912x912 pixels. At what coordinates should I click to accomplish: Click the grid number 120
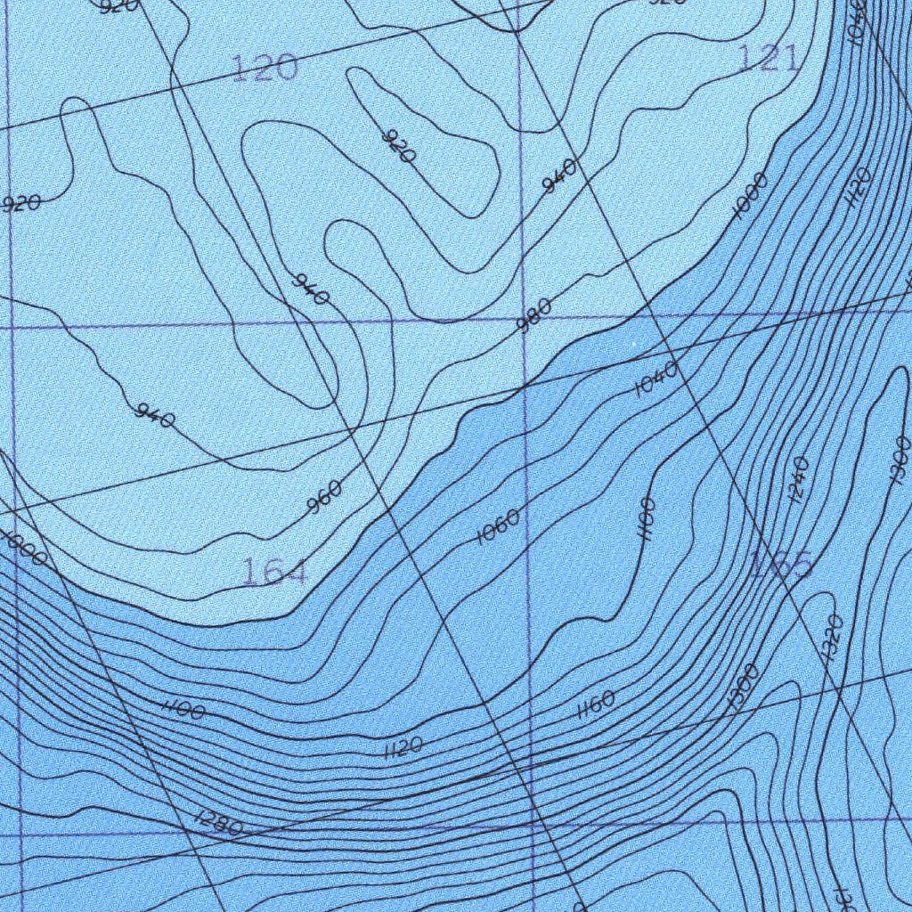tap(264, 68)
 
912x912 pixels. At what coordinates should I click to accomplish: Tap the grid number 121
tap(768, 59)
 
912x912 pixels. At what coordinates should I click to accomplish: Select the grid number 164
tap(274, 573)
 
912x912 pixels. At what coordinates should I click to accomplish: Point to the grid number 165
tap(780, 565)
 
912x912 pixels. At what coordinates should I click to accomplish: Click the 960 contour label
tap(324, 497)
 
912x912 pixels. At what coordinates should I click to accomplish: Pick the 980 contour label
tap(533, 314)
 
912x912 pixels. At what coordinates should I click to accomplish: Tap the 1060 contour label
tap(498, 528)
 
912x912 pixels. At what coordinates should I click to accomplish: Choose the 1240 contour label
tap(798, 479)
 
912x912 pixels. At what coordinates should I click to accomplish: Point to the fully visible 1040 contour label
tap(657, 379)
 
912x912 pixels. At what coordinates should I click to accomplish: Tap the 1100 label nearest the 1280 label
tap(184, 710)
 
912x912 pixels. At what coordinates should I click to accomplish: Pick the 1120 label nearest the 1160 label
tap(403, 747)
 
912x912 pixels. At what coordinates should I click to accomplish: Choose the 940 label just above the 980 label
tap(559, 175)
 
